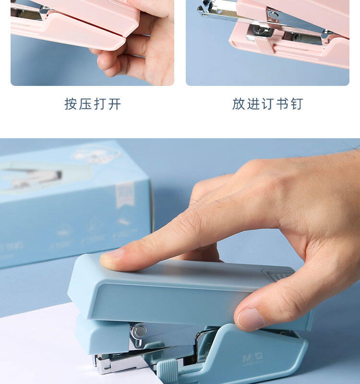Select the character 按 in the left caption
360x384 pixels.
point(71,104)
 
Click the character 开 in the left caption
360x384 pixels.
point(114,104)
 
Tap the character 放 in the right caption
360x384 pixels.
point(239,104)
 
